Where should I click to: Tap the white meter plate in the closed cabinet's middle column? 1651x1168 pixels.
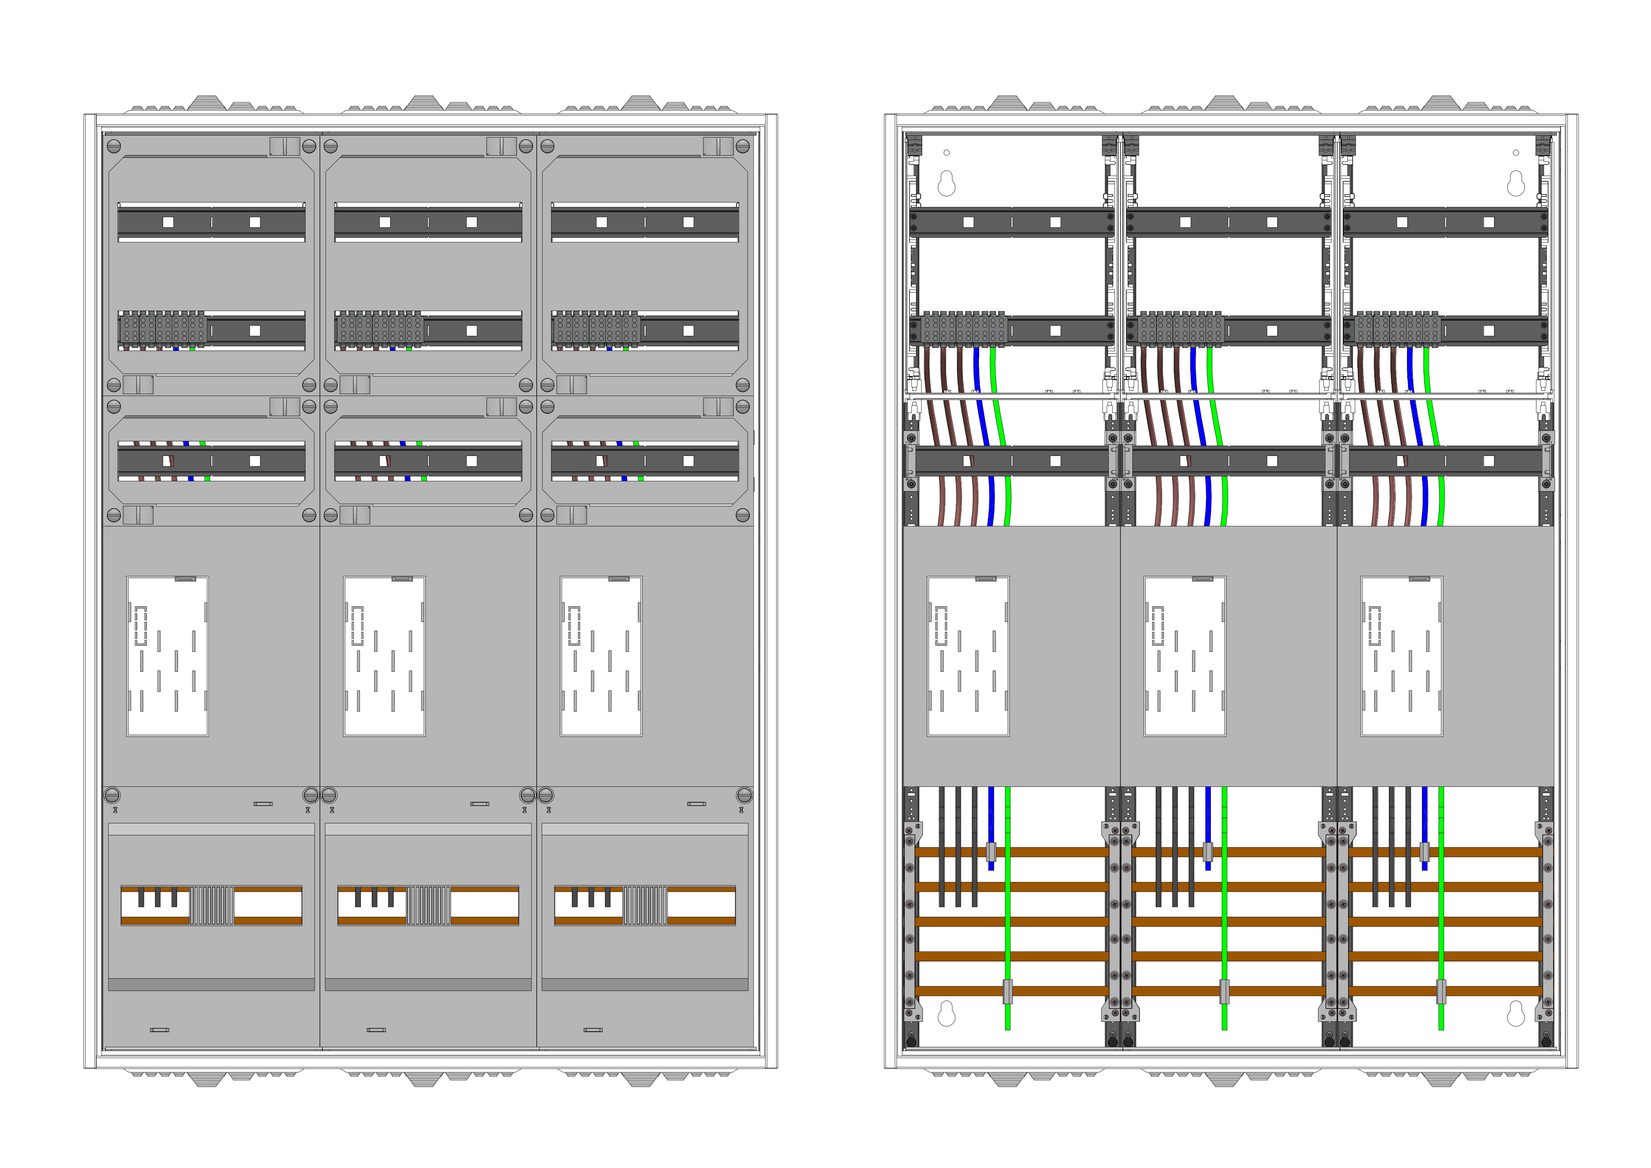384,656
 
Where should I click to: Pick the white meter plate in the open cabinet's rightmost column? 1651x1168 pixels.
1401,656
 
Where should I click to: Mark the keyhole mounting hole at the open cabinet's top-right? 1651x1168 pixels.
1516,184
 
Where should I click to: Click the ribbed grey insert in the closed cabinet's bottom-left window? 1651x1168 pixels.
211,905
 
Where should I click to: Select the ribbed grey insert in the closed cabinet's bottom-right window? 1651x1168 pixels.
645,905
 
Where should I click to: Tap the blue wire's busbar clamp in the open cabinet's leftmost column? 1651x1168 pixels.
991,852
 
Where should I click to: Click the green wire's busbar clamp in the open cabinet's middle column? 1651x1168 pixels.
1224,991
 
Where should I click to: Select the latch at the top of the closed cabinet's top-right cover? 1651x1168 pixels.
718,146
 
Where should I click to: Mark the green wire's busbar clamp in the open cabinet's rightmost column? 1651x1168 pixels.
1441,991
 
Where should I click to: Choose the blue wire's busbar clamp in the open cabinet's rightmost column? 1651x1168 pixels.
1424,852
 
